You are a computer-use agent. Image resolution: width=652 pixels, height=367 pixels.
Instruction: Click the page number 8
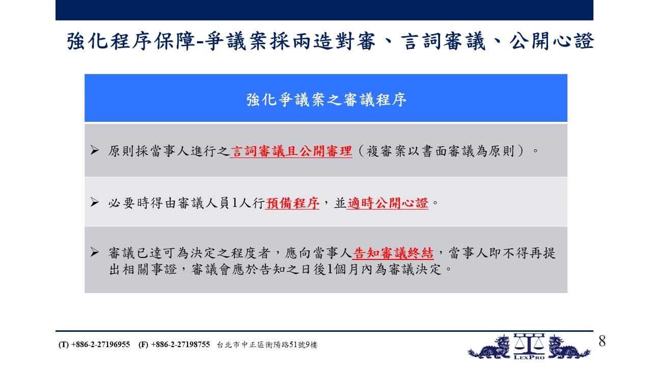tap(602, 341)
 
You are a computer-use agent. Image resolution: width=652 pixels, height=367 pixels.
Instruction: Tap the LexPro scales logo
tap(529, 347)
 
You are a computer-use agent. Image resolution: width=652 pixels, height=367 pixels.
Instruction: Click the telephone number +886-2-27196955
tap(100, 345)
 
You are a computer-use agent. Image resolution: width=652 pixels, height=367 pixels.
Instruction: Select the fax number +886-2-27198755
tap(180, 345)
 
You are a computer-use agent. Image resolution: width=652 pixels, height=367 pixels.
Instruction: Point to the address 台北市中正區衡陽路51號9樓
tap(267, 345)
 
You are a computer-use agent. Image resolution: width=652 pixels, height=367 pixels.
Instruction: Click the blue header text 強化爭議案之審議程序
tap(326, 99)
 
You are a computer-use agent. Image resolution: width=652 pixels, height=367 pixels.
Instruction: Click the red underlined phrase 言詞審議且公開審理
tap(291, 151)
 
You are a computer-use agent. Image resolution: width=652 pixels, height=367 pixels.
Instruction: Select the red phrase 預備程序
tap(292, 203)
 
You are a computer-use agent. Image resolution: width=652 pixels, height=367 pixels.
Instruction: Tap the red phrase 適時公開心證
tap(388, 203)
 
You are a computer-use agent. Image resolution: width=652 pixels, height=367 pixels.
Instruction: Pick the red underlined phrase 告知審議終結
tap(393, 253)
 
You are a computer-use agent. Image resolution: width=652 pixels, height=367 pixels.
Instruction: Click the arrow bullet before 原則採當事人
tap(94, 150)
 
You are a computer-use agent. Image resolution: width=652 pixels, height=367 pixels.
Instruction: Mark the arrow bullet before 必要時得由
tap(94, 202)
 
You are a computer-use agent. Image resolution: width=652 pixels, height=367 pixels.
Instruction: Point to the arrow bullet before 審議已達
tap(94, 252)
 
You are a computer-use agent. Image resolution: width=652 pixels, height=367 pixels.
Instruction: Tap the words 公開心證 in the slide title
tap(552, 41)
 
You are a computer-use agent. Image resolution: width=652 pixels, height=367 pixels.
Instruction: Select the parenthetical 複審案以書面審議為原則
tap(440, 151)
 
